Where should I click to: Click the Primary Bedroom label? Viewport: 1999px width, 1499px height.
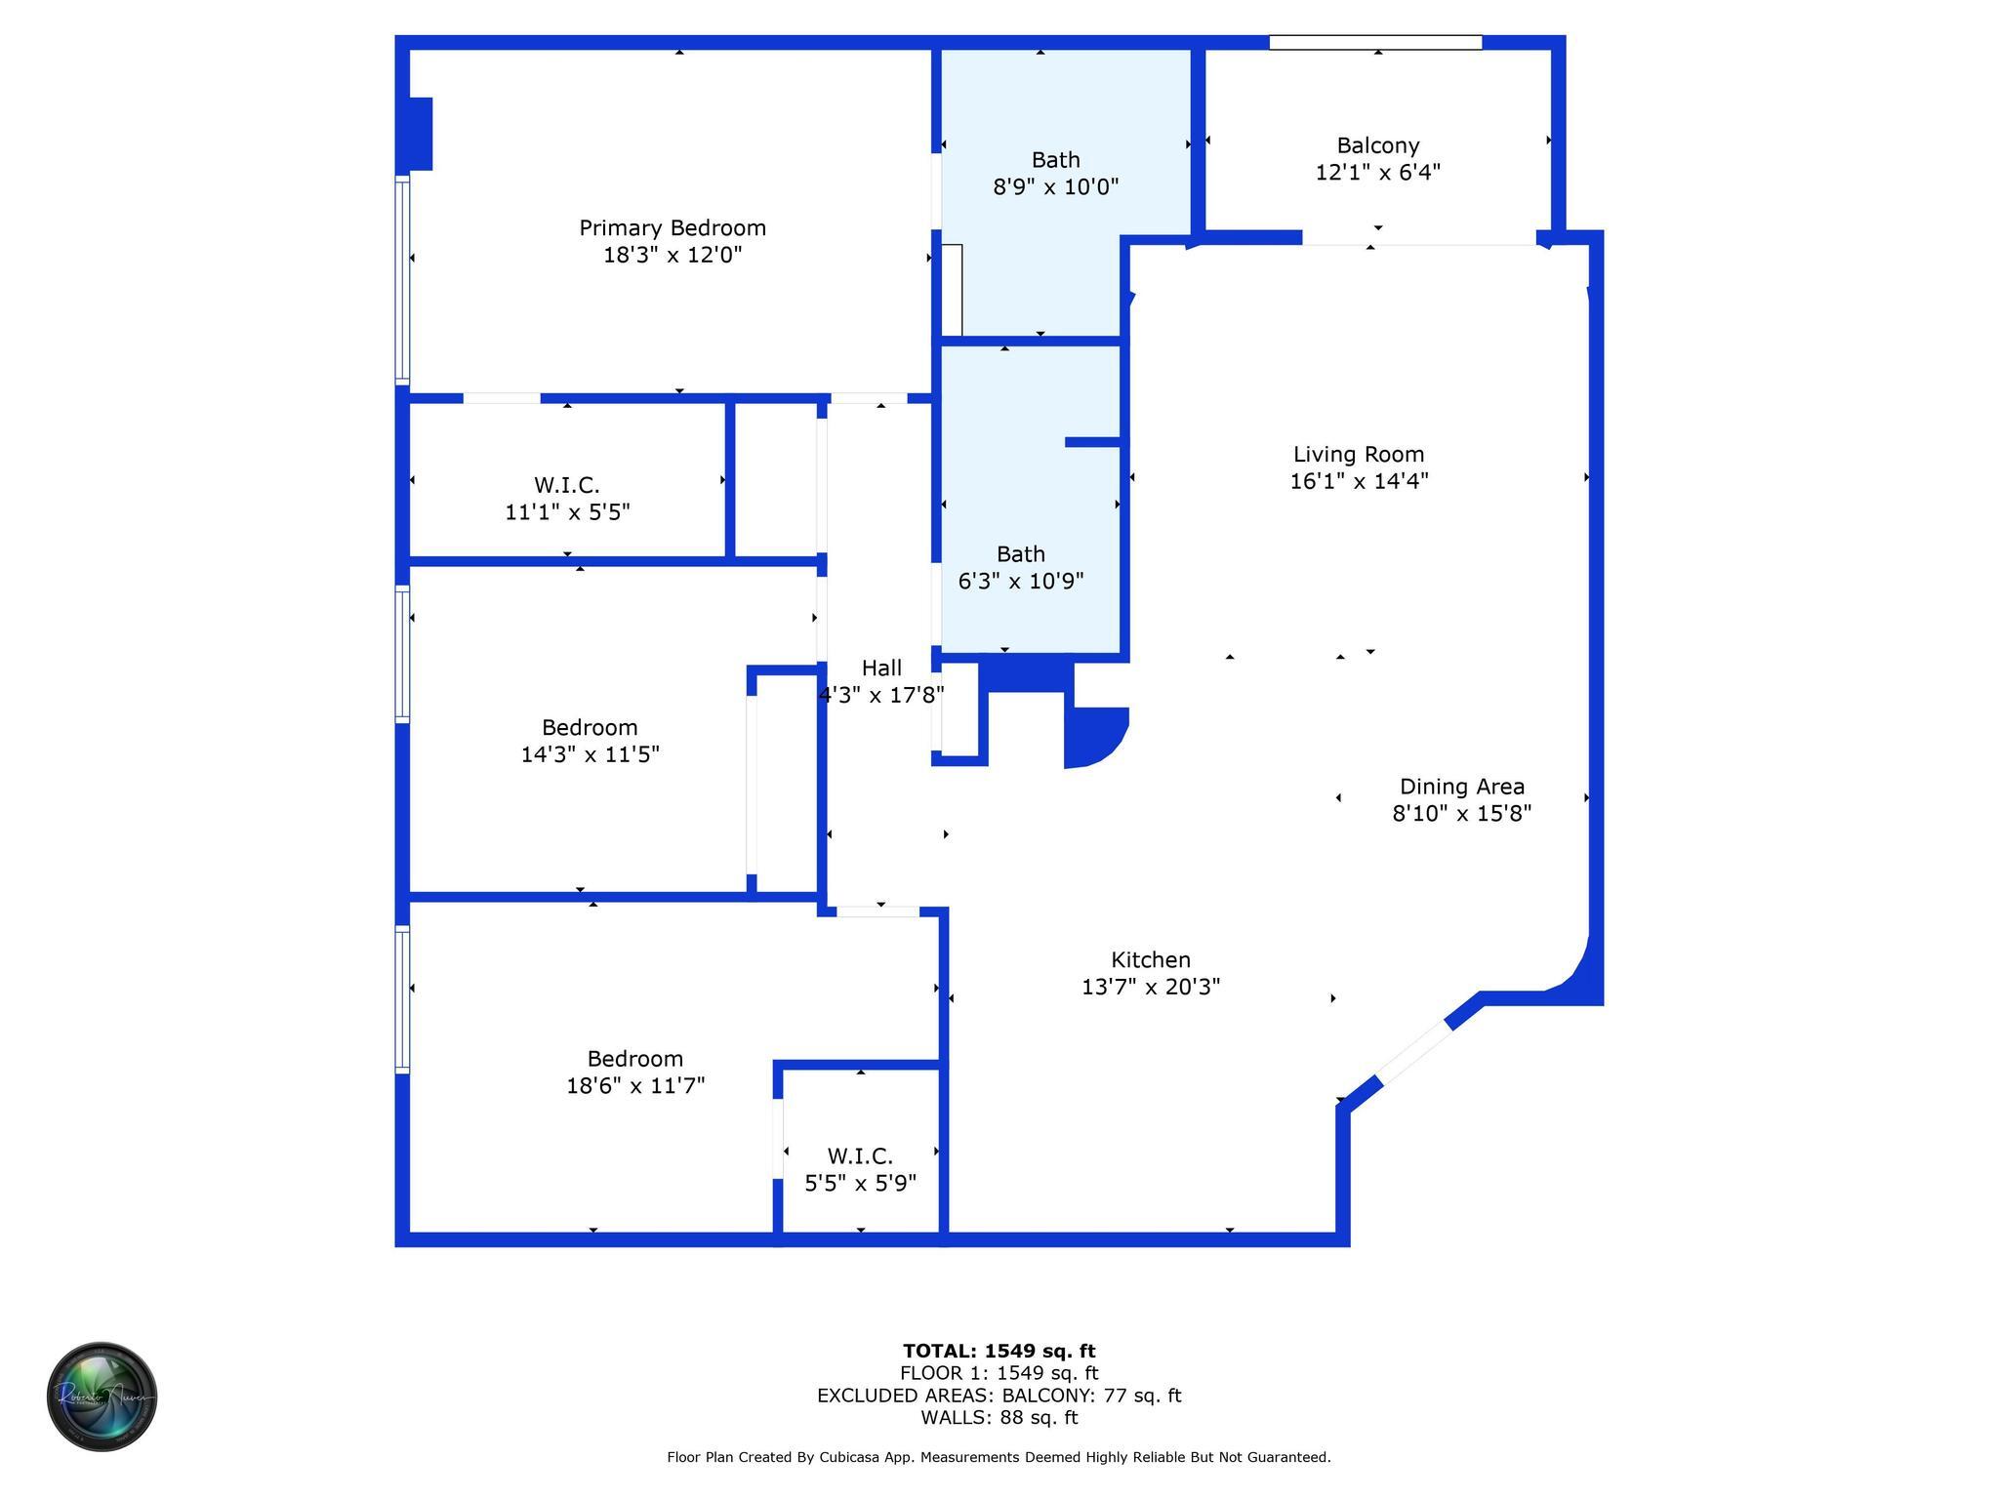pos(673,228)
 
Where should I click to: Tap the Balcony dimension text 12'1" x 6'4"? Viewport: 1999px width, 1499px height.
pos(1377,173)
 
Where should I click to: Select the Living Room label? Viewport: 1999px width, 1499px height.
pos(1358,455)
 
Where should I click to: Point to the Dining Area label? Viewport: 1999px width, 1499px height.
pos(1461,787)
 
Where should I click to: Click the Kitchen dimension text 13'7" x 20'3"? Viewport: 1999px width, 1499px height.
pos(1151,987)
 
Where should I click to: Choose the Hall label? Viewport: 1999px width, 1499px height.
pos(881,668)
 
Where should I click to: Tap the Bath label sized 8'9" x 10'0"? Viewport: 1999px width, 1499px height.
pos(1055,160)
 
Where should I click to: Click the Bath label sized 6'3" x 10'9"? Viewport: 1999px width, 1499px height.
pos(1020,554)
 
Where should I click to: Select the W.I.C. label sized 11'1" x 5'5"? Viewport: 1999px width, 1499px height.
pos(566,485)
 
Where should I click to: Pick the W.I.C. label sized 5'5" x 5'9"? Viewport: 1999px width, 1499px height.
pos(860,1156)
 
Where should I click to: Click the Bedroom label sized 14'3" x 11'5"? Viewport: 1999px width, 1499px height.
pos(590,728)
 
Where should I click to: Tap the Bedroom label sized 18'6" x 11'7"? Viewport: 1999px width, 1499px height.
pos(634,1059)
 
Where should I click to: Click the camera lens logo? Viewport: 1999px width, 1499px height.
pos(102,1396)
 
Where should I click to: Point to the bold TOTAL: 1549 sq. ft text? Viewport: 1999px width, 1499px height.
pos(999,1351)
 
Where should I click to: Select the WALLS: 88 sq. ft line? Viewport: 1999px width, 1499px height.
pos(999,1418)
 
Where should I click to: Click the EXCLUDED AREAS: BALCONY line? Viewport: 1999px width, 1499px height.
pos(999,1396)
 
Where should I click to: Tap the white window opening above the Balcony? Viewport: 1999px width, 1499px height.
pos(1374,43)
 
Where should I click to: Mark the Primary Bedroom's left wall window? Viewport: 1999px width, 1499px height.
pos(401,279)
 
